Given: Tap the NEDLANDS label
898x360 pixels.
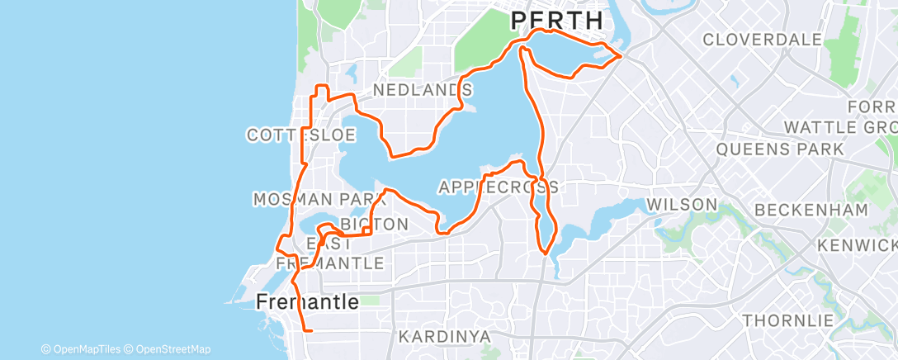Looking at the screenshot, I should pyautogui.click(x=423, y=89).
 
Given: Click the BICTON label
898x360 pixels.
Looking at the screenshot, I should pyautogui.click(x=374, y=224).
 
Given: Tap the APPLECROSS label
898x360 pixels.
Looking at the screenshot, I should pyautogui.click(x=498, y=187).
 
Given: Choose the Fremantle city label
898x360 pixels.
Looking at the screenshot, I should pyautogui.click(x=307, y=302).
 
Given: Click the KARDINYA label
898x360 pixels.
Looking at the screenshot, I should pyautogui.click(x=445, y=336).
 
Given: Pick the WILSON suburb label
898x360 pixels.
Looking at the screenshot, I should pyautogui.click(x=681, y=204).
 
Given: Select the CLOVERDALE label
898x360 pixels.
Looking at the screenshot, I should pyautogui.click(x=762, y=40).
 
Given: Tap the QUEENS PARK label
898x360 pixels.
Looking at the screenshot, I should pyautogui.click(x=780, y=149).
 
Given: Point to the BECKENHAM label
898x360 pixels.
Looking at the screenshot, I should pyautogui.click(x=811, y=210).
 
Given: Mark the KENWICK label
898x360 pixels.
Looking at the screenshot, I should pyautogui.click(x=858, y=245).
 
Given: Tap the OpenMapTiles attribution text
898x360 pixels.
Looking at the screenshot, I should pyautogui.click(x=81, y=349).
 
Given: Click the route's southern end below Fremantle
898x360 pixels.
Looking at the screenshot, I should pyautogui.click(x=310, y=330).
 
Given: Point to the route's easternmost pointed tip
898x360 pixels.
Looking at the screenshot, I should pyautogui.click(x=621, y=56).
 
